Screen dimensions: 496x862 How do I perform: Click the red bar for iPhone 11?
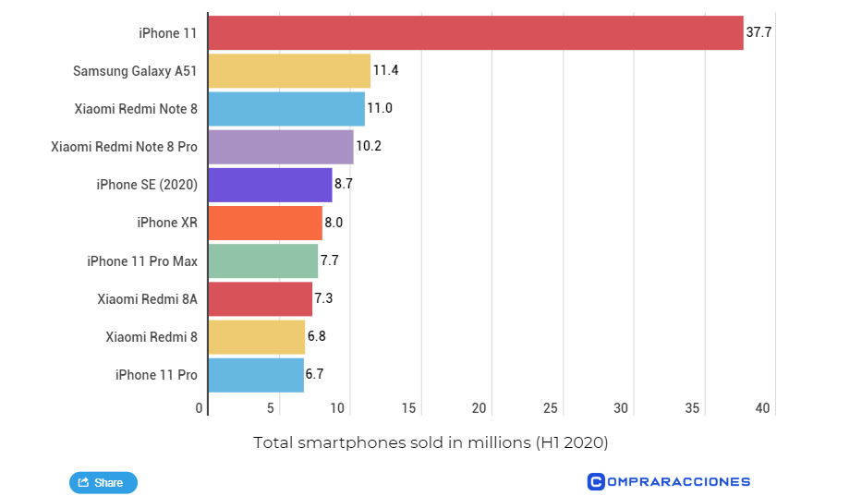click(475, 33)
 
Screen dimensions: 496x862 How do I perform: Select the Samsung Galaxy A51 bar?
click(289, 71)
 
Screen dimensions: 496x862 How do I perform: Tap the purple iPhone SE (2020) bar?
click(270, 185)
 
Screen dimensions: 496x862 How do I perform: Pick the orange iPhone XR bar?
click(265, 223)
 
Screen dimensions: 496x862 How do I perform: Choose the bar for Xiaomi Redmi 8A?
click(260, 299)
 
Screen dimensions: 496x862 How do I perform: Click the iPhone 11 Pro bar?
click(256, 375)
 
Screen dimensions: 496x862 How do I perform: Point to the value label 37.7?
click(759, 33)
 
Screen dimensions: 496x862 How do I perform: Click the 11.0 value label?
click(380, 109)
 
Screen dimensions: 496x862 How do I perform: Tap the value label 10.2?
click(369, 147)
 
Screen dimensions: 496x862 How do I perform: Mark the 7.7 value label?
click(330, 260)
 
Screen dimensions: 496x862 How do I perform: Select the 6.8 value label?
click(316, 336)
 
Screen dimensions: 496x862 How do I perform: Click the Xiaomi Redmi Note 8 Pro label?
click(124, 147)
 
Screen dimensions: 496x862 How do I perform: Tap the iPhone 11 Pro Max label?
click(142, 261)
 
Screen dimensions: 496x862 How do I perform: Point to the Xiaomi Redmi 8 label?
click(152, 337)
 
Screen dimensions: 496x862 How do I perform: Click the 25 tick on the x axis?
click(551, 408)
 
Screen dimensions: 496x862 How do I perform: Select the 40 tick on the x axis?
click(763, 408)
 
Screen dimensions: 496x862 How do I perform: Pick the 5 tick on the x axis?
click(272, 408)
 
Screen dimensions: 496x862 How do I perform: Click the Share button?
click(103, 482)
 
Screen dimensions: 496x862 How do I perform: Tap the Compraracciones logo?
click(668, 481)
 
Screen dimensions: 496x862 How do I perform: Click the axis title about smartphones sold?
click(431, 443)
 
